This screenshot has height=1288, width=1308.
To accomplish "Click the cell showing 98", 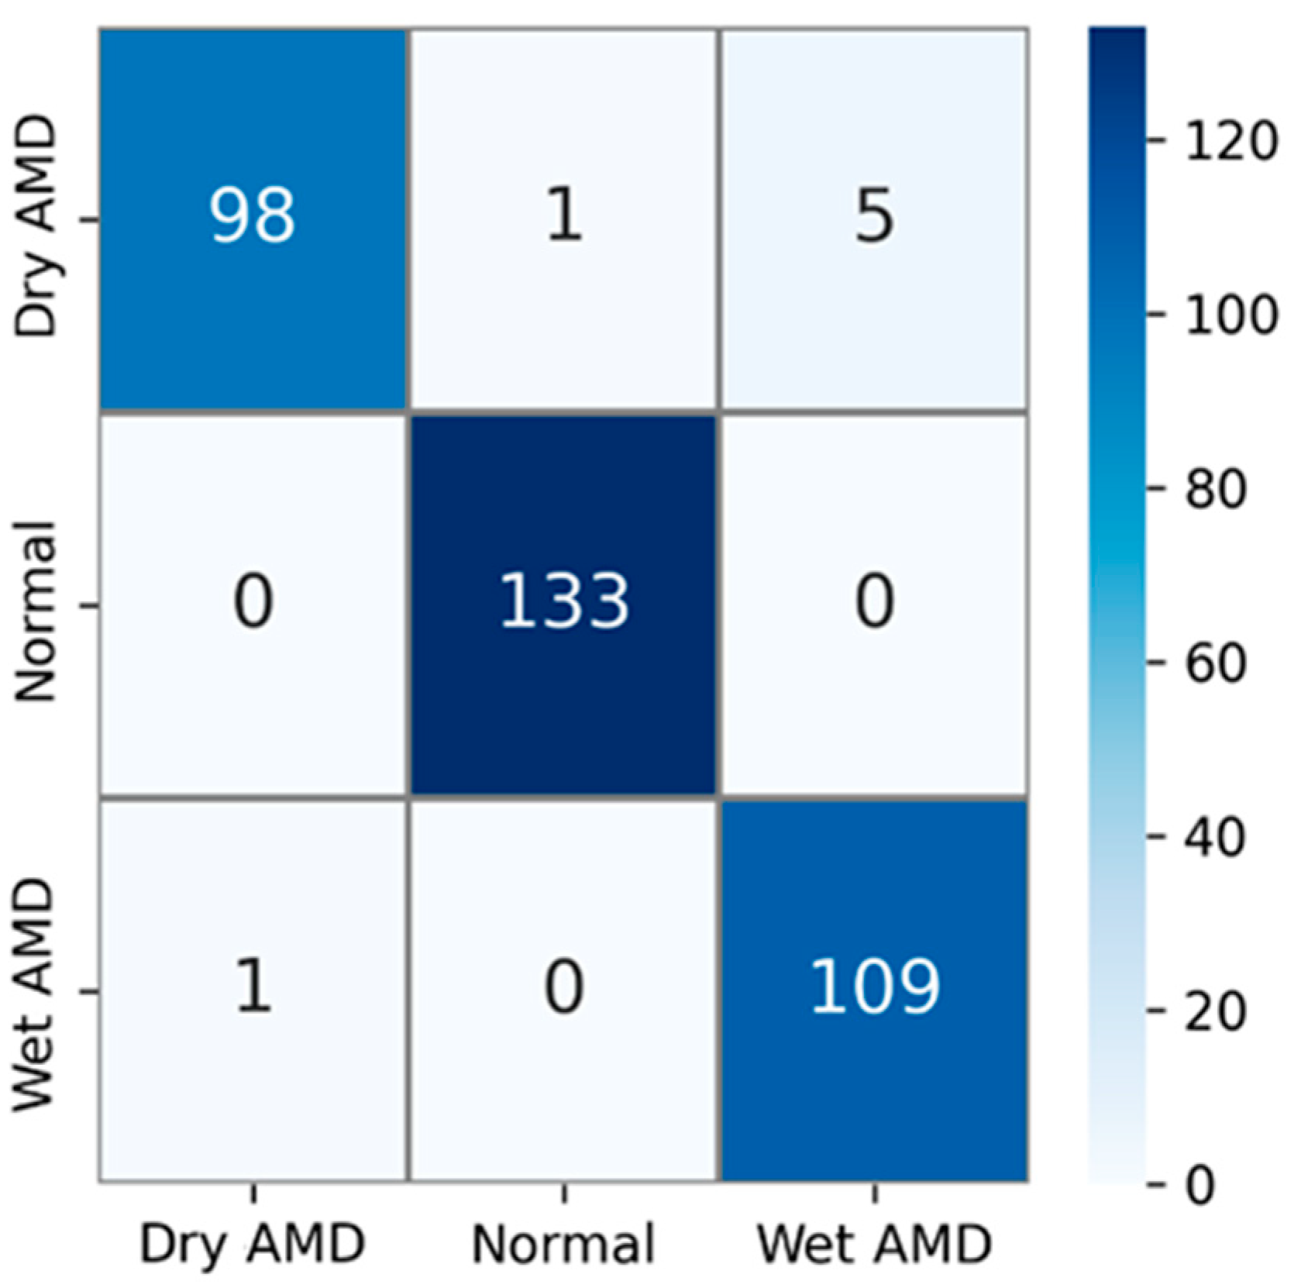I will coord(253,216).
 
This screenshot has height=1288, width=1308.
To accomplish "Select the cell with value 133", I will coord(563,602).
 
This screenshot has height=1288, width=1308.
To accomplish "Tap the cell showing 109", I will coord(875,988).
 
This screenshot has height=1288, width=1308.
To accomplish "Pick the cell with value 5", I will coord(875,216).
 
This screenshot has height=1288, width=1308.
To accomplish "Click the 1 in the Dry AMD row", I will coord(563,216).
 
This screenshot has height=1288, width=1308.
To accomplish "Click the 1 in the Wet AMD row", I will coord(253,988).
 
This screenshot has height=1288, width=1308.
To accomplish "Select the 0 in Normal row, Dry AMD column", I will coord(253,602).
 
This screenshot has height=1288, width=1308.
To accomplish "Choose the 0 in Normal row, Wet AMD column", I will coord(875,602).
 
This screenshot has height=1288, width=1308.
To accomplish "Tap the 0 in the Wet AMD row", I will coord(563,988).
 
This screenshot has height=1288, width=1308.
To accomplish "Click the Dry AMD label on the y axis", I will coord(36,225).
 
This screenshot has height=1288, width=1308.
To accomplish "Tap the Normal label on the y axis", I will coord(36,611).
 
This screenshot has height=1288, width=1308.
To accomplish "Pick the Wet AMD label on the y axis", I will coord(36,995).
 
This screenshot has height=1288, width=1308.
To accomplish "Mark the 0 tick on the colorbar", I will coord(1200,1185).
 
